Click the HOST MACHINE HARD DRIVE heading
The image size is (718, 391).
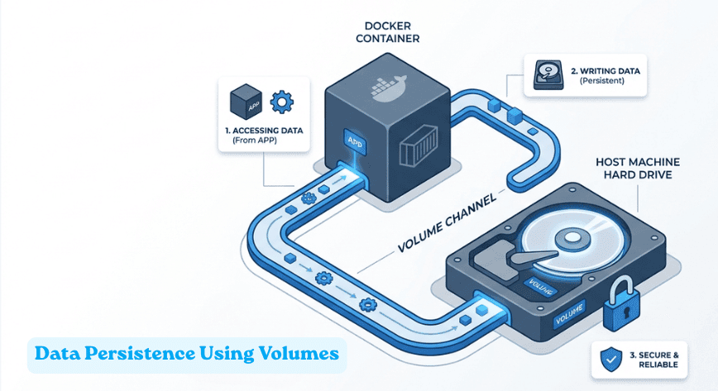[627, 168]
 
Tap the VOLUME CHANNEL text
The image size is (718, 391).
[446, 222]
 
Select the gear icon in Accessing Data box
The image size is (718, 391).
[283, 102]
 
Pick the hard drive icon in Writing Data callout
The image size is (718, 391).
[543, 75]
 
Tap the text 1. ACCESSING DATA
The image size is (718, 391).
[264, 131]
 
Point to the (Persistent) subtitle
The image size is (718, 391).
[601, 82]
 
